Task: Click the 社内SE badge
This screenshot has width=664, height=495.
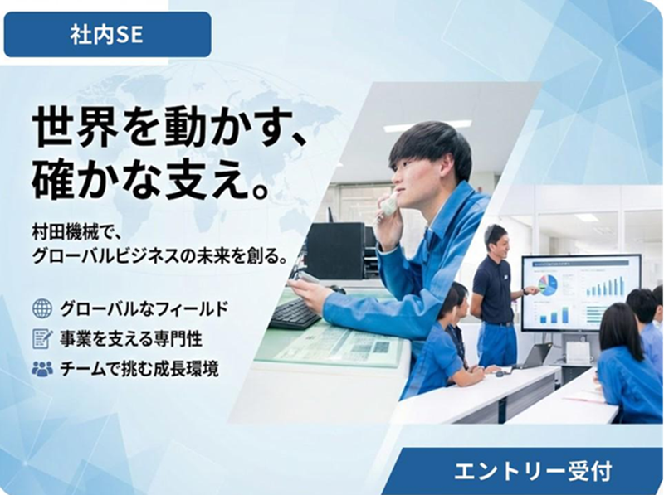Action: pyautogui.click(x=107, y=34)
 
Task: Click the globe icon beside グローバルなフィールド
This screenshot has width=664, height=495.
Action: pyautogui.click(x=41, y=309)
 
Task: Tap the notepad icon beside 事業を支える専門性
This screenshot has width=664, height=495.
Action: pyautogui.click(x=41, y=339)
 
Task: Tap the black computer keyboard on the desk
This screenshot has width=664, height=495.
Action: pyautogui.click(x=295, y=313)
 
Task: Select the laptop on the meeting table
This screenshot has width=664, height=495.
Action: pyautogui.click(x=531, y=357)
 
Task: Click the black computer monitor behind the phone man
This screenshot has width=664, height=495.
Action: pyautogui.click(x=336, y=249)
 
